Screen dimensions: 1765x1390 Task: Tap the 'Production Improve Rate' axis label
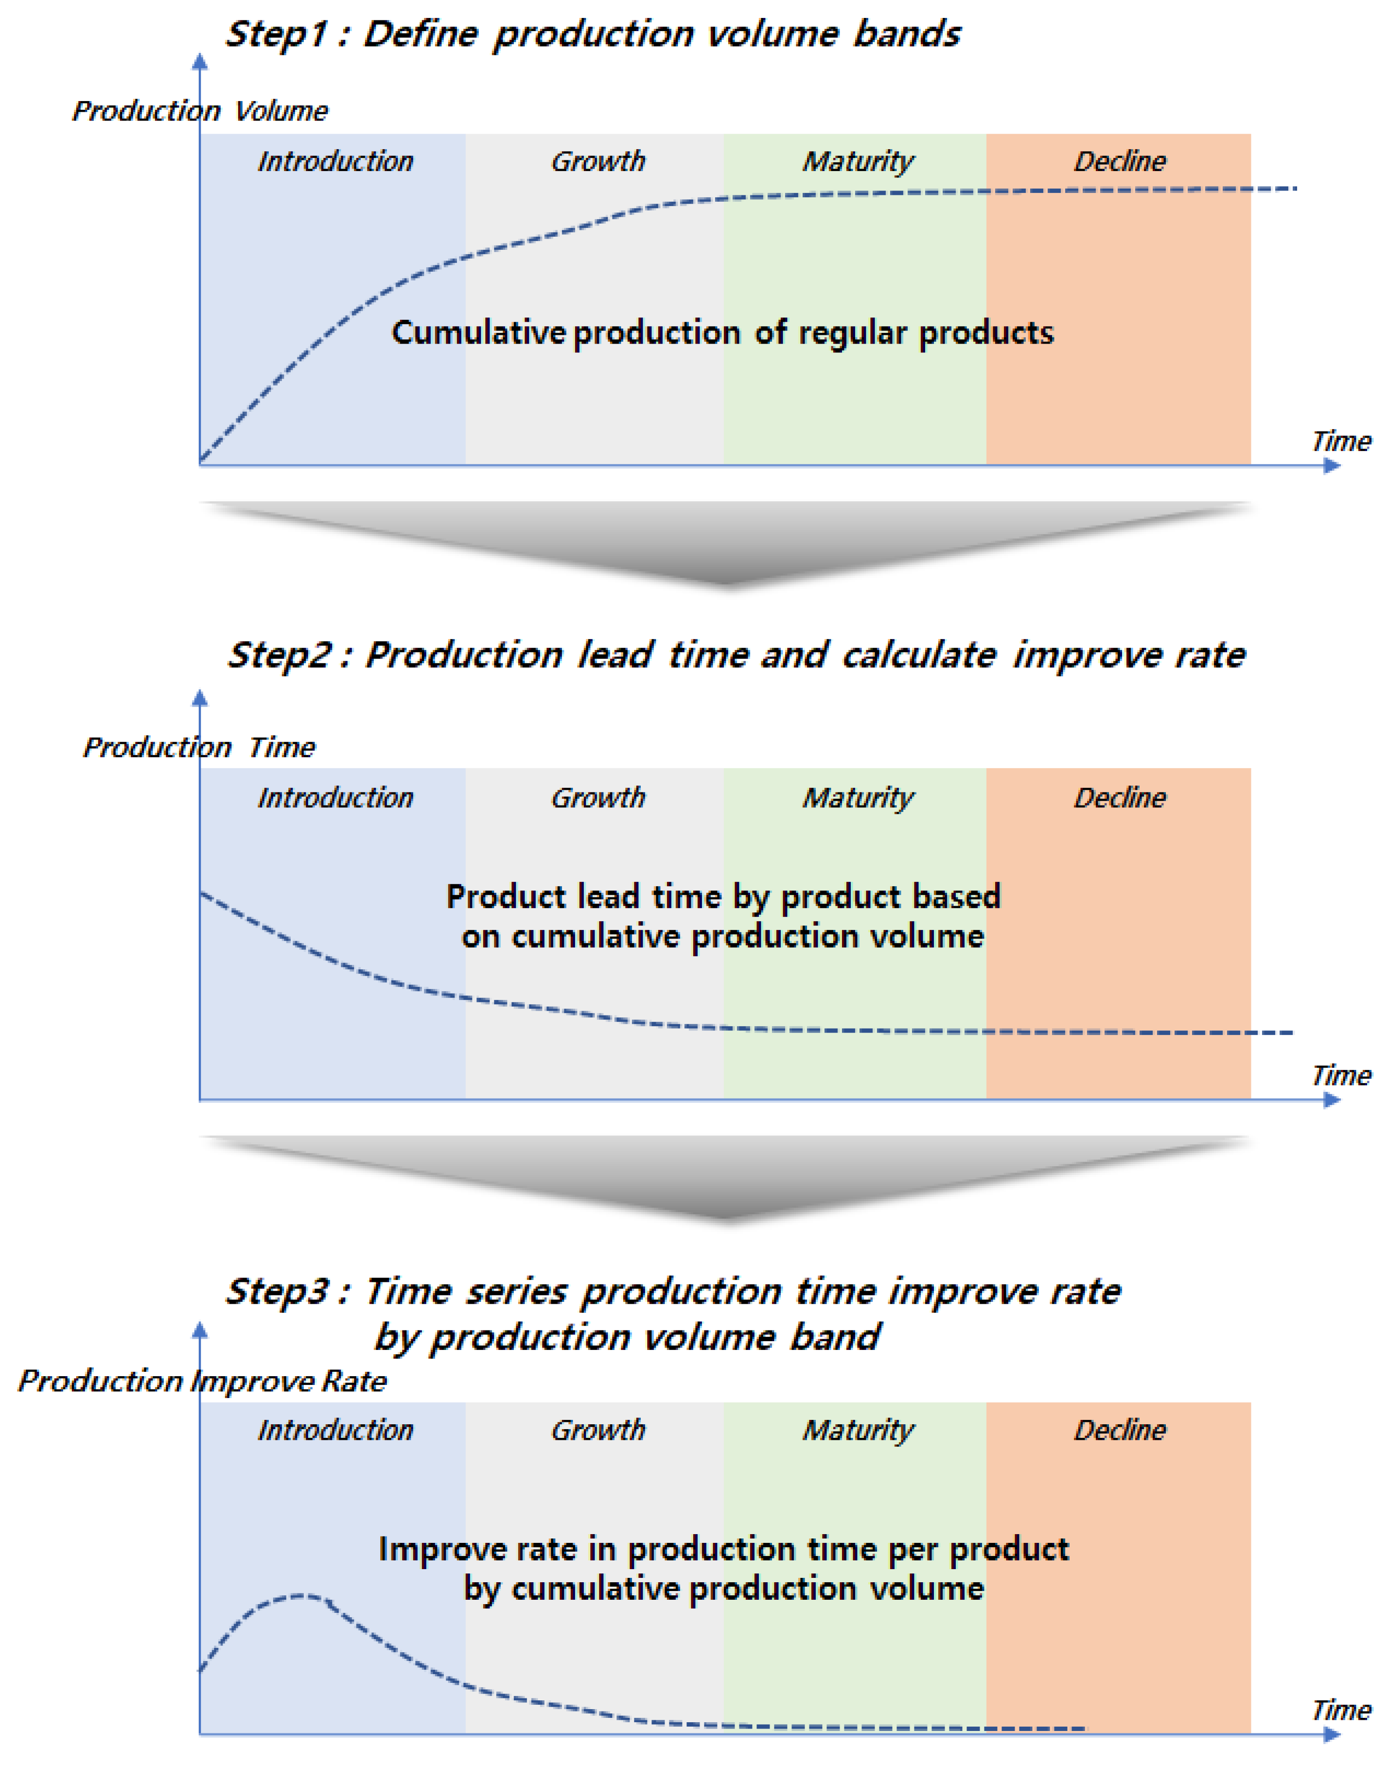[202, 1381]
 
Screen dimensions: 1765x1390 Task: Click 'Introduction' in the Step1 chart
[335, 161]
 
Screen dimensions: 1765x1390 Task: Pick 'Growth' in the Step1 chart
[598, 161]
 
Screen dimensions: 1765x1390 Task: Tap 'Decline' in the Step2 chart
[1120, 798]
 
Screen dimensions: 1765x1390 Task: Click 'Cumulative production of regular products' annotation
[722, 333]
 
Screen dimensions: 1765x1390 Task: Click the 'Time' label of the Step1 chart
[1341, 441]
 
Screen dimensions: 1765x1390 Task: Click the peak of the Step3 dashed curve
[303, 1596]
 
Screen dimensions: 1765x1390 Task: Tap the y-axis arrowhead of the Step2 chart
[199, 698]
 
